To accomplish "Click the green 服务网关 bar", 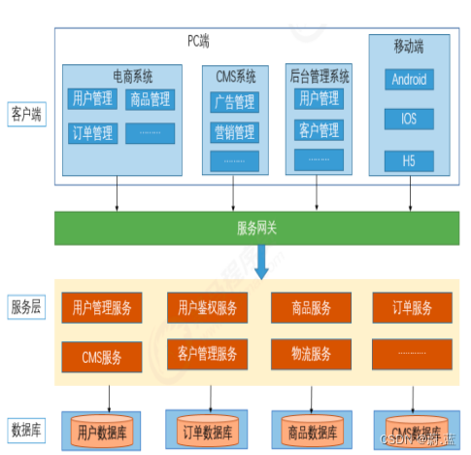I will click(257, 227).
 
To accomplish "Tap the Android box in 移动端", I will click(409, 80).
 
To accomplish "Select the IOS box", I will click(409, 120).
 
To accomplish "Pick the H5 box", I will click(409, 159).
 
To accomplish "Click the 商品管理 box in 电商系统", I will click(150, 99).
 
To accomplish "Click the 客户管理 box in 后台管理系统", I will click(319, 129).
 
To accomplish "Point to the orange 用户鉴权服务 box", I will click(207, 308).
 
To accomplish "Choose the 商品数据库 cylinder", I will click(310, 429).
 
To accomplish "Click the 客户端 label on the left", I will click(27, 112).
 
